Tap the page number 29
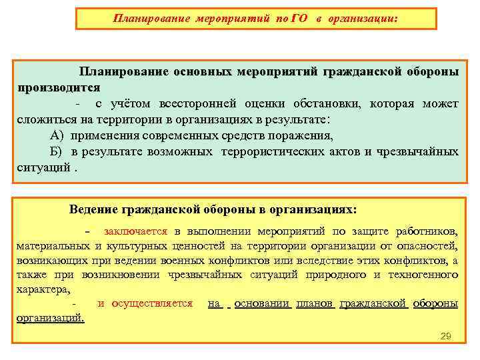pyautogui.click(x=446, y=336)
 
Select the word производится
pyautogui.click(x=59, y=87)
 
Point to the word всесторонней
pyautogui.click(x=199, y=104)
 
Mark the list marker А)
pyautogui.click(x=57, y=136)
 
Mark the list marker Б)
pyautogui.click(x=57, y=152)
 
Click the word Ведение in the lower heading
pyautogui.click(x=93, y=209)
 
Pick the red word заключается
pyautogui.click(x=135, y=231)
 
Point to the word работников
pyautogui.click(x=426, y=231)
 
